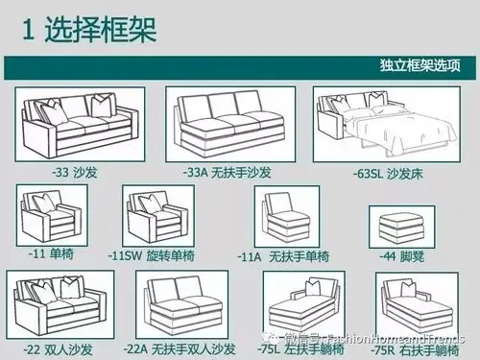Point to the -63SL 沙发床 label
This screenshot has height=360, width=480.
387,174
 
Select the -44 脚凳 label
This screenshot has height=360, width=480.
401,256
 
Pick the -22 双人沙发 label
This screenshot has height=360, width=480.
54,348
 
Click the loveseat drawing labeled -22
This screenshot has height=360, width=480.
60,302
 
